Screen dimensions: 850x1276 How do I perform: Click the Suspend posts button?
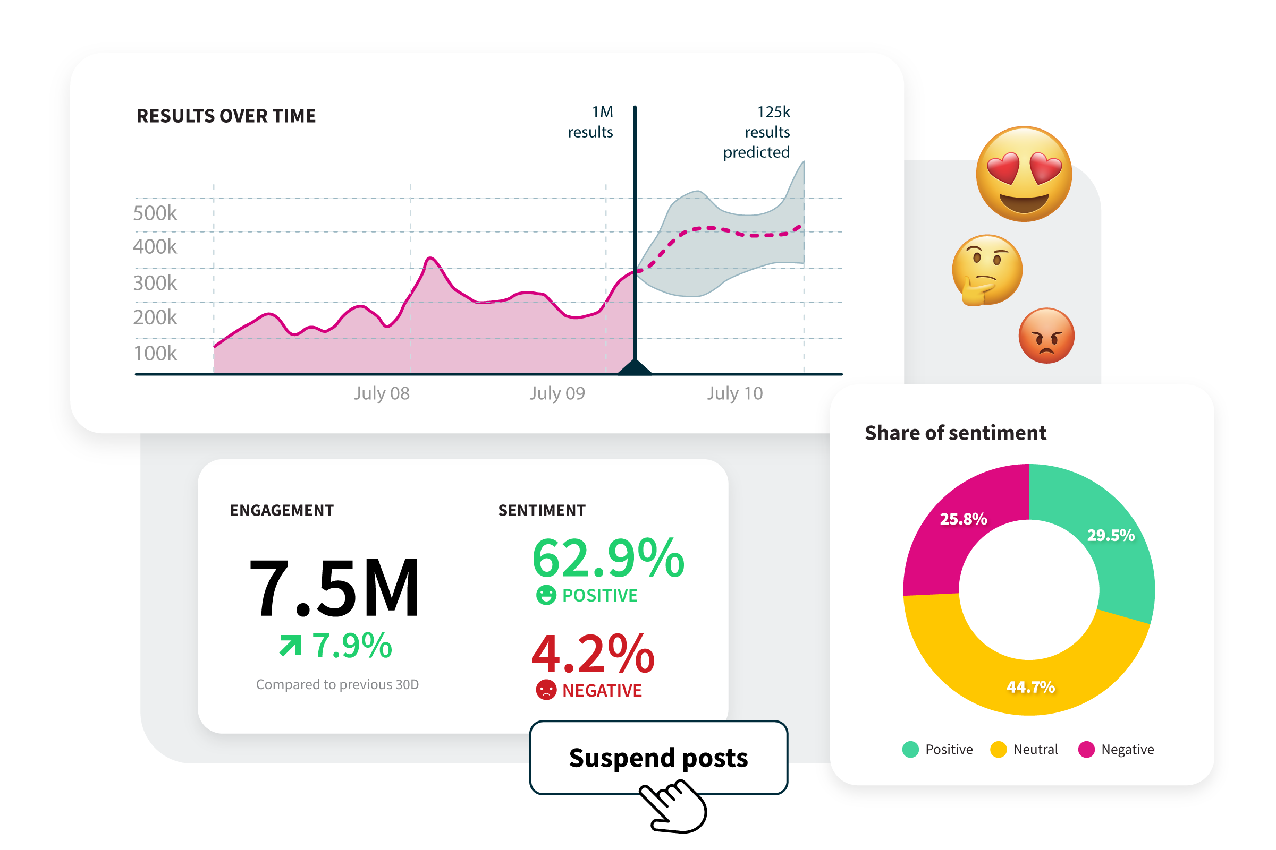pyautogui.click(x=658, y=757)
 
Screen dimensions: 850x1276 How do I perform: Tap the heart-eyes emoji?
pyautogui.click(x=1024, y=174)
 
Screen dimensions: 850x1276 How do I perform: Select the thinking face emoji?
pyautogui.click(x=987, y=269)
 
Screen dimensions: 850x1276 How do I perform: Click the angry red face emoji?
pyautogui.click(x=1046, y=336)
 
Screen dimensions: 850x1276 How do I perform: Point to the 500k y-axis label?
pyautogui.click(x=155, y=213)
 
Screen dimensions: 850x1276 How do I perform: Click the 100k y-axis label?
pyautogui.click(x=155, y=353)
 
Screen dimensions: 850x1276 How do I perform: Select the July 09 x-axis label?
pyautogui.click(x=557, y=393)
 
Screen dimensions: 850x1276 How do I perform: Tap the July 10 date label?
pyautogui.click(x=734, y=393)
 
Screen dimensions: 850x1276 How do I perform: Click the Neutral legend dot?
pyautogui.click(x=998, y=749)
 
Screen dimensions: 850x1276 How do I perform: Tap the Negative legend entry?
pyautogui.click(x=1117, y=749)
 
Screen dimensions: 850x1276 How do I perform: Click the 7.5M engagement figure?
pyautogui.click(x=334, y=588)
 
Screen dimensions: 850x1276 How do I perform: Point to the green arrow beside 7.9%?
pyautogui.click(x=290, y=645)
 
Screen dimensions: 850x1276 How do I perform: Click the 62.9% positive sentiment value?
pyautogui.click(x=608, y=559)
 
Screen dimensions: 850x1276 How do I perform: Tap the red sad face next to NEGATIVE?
pyautogui.click(x=546, y=690)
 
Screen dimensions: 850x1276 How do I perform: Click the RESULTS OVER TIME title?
pyautogui.click(x=226, y=116)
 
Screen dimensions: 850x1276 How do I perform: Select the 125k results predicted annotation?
pyautogui.click(x=757, y=132)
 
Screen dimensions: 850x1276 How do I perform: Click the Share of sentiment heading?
pyautogui.click(x=956, y=433)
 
